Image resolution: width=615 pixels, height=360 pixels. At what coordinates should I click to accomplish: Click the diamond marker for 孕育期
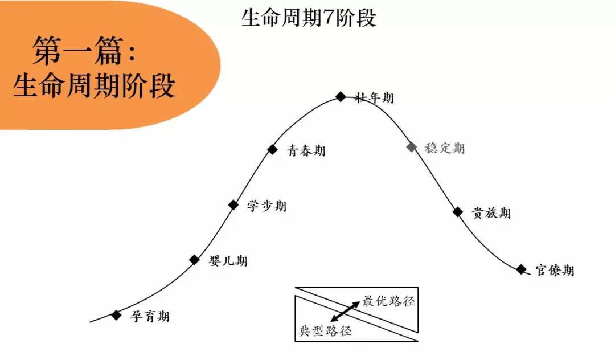[117, 315]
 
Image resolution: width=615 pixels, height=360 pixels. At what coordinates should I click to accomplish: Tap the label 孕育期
[150, 316]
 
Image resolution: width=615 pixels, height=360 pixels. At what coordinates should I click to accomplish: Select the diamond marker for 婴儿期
[195, 260]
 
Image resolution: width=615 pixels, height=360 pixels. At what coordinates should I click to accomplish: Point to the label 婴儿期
[228, 261]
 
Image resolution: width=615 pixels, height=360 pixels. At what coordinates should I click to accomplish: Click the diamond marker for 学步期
[233, 204]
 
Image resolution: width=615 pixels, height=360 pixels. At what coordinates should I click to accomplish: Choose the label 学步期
[267, 206]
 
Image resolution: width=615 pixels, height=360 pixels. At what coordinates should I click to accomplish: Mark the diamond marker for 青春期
[273, 149]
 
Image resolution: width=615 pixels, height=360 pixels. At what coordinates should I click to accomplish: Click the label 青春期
[306, 150]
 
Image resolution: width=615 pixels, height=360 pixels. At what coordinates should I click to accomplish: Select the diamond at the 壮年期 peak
[341, 96]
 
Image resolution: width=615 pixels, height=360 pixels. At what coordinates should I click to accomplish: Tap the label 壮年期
[374, 97]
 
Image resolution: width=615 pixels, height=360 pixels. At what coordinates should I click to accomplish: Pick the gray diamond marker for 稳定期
[412, 147]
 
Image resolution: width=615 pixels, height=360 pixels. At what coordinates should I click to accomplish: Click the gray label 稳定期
[445, 148]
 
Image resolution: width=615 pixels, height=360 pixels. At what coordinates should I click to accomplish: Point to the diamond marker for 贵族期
[458, 212]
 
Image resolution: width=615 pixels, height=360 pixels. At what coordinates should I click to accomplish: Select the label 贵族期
[491, 213]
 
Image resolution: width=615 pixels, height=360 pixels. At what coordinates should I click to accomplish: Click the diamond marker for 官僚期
[522, 269]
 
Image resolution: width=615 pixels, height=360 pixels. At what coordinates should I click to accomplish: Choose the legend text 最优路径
[389, 301]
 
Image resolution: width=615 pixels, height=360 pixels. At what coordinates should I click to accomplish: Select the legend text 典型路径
[325, 331]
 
